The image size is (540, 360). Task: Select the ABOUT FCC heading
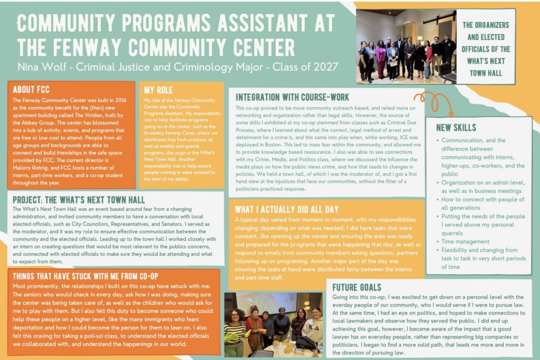tap(35, 89)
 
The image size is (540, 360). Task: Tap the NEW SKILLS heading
tap(456, 128)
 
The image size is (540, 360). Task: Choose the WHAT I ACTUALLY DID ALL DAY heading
tap(287, 209)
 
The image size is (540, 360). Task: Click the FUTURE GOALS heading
tap(357, 287)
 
